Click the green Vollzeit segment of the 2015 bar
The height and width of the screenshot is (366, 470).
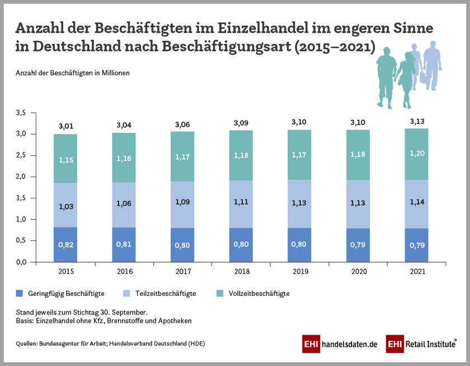(65, 159)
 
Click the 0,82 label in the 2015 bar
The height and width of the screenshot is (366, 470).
(65, 244)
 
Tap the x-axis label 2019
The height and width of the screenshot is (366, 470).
(298, 271)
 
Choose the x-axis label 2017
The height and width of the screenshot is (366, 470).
(182, 271)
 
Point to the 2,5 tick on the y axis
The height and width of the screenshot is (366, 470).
(21, 155)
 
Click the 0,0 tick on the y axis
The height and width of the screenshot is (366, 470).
(21, 262)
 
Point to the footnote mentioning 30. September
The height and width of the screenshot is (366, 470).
(82, 311)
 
